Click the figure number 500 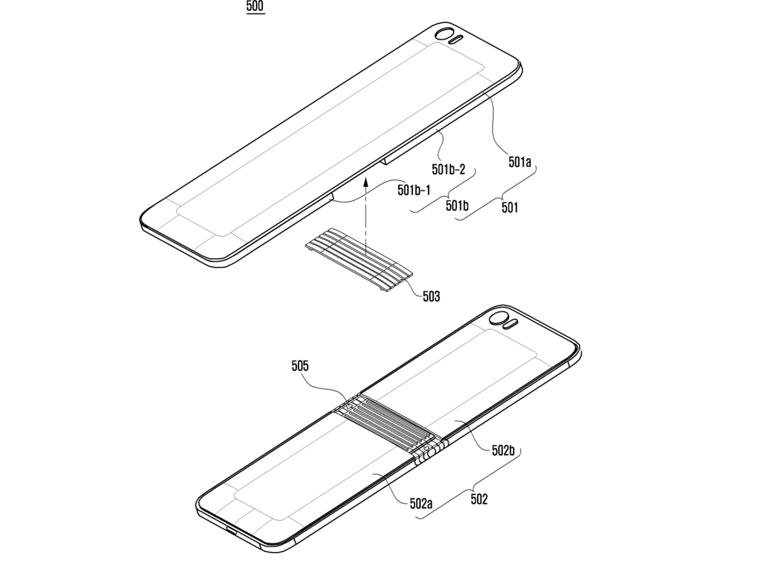[x=256, y=6]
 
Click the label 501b [x=457, y=206]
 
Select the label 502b [x=503, y=451]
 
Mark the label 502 [x=479, y=499]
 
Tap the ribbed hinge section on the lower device [x=391, y=426]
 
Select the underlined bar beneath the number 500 [x=256, y=14]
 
